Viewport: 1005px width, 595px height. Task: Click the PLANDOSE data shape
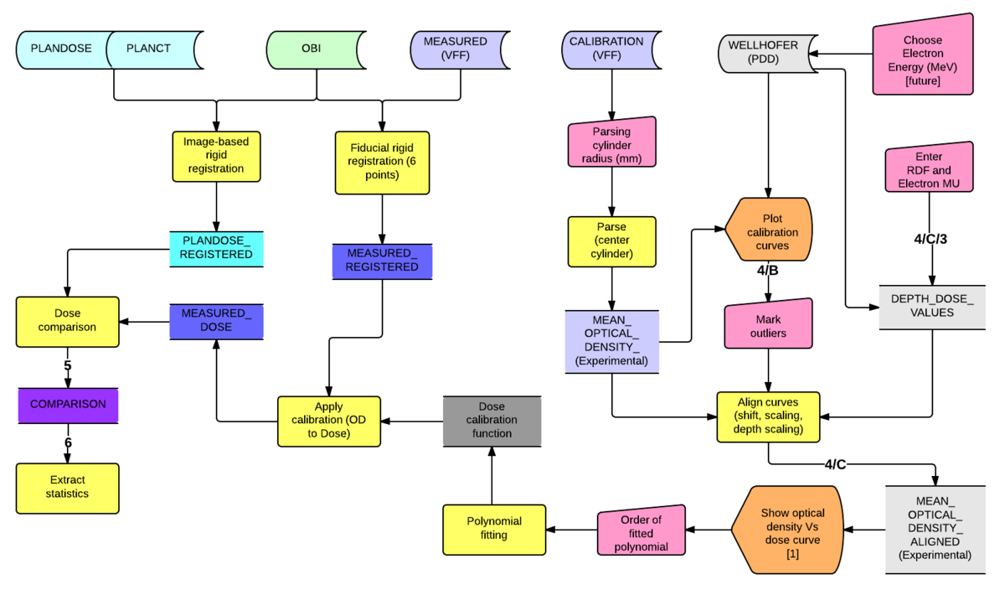(x=60, y=49)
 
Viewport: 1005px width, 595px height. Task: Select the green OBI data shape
(x=311, y=49)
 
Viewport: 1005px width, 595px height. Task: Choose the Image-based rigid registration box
(x=216, y=155)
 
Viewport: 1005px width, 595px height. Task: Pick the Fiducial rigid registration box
(x=382, y=161)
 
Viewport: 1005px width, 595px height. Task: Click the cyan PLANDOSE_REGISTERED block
(x=216, y=249)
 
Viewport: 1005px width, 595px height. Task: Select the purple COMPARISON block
(x=68, y=404)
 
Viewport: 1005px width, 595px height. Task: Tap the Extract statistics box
(x=67, y=488)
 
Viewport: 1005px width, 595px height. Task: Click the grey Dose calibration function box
(x=492, y=420)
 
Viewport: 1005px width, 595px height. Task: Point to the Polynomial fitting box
(x=493, y=529)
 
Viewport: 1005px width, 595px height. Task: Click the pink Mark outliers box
(x=769, y=326)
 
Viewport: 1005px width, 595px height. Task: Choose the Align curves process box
(x=768, y=416)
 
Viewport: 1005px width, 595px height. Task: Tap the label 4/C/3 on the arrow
(x=930, y=239)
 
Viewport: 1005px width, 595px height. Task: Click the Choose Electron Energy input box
(x=922, y=59)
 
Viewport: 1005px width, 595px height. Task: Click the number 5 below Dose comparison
(x=67, y=365)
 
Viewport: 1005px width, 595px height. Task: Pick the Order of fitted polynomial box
(x=642, y=533)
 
